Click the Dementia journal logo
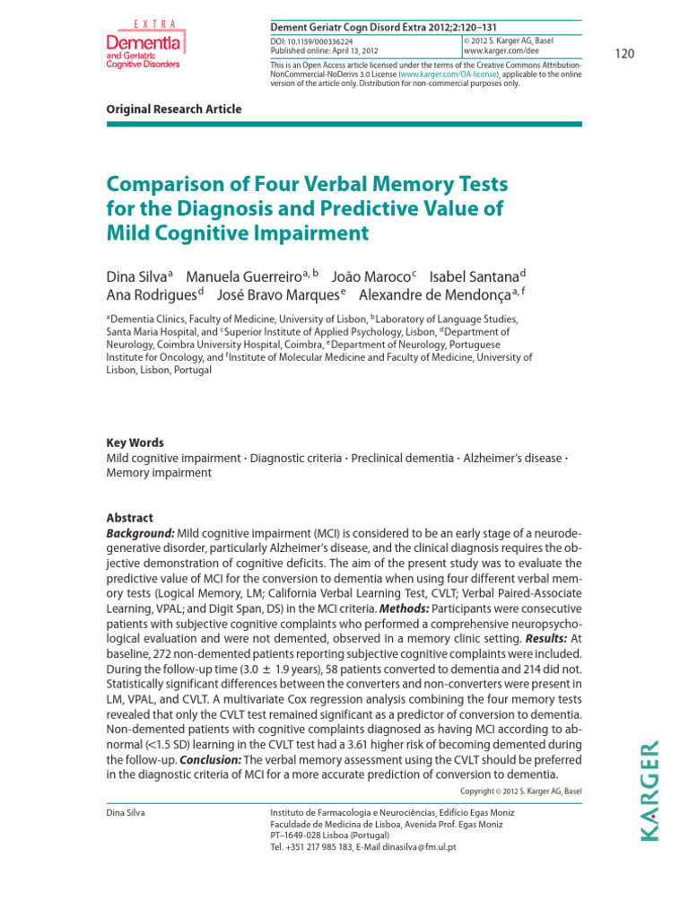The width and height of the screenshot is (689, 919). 144,45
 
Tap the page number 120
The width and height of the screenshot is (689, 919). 624,55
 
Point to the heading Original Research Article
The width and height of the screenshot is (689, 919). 174,109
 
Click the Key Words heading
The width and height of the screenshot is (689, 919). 135,442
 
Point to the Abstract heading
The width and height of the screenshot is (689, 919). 130,518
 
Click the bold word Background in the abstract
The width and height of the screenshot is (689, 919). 140,532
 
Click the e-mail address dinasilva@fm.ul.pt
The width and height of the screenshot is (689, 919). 414,846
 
